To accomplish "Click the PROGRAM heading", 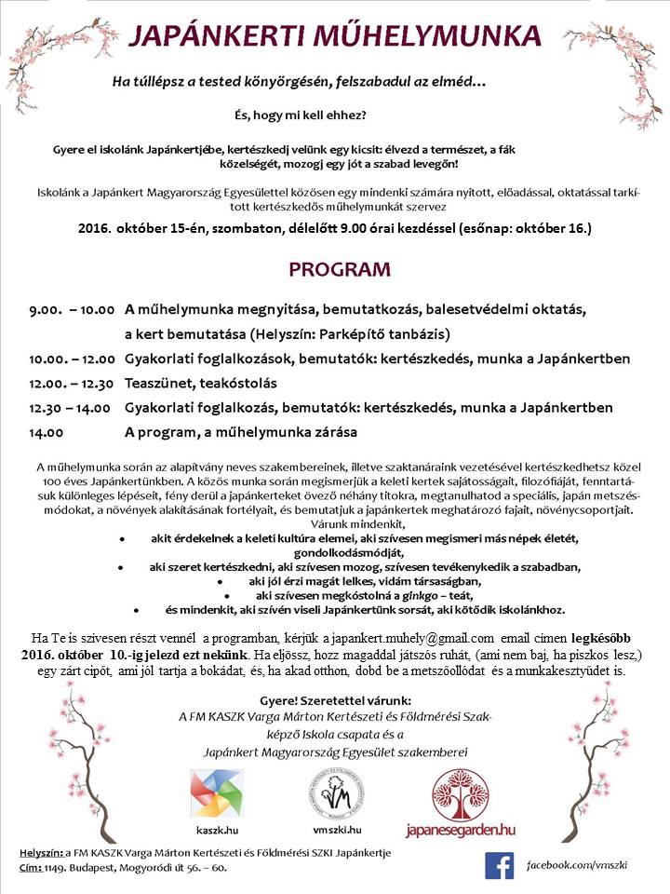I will click(x=339, y=270).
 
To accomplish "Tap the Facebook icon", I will click(x=499, y=865).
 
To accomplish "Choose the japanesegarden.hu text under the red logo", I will click(x=460, y=829).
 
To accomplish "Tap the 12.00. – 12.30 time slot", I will click(x=72, y=383).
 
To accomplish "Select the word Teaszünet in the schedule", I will click(x=157, y=383).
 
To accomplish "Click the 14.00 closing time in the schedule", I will click(x=47, y=432).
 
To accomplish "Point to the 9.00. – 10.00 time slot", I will click(x=72, y=309).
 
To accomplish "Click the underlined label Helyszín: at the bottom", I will click(x=40, y=853).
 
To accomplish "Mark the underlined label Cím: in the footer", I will click(x=33, y=868).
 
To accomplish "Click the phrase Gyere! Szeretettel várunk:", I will click(x=336, y=699).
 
